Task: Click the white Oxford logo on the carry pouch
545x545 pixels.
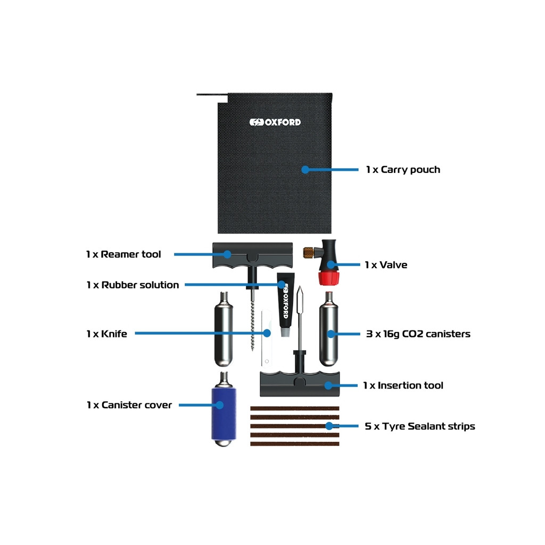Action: pyautogui.click(x=275, y=122)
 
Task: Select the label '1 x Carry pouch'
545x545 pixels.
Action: pyautogui.click(x=403, y=170)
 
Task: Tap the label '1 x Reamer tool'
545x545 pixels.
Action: pyautogui.click(x=123, y=254)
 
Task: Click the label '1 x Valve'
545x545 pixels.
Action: pyautogui.click(x=386, y=265)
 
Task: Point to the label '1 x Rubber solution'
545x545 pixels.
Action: pyautogui.click(x=133, y=285)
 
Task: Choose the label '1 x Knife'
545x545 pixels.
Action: pyautogui.click(x=106, y=334)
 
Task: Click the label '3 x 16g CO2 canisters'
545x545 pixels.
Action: pyautogui.click(x=418, y=334)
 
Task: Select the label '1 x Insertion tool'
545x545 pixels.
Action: pyautogui.click(x=403, y=385)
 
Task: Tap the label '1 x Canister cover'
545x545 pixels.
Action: pyautogui.click(x=129, y=405)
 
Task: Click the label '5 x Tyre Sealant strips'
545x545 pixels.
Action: pyautogui.click(x=420, y=426)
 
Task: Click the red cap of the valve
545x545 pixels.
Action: pyautogui.click(x=328, y=278)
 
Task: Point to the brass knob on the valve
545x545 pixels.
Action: pyautogui.click(x=308, y=253)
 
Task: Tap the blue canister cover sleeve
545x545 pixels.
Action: pyautogui.click(x=224, y=414)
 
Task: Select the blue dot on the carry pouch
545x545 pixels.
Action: pyautogui.click(x=305, y=170)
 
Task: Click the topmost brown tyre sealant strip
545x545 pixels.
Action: pyautogui.click(x=295, y=408)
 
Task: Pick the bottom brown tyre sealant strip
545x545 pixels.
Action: pyautogui.click(x=295, y=444)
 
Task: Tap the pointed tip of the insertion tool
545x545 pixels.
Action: pyautogui.click(x=300, y=287)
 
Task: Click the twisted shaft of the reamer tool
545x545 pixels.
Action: pyautogui.click(x=253, y=327)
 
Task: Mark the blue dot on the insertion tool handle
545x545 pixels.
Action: pyautogui.click(x=328, y=385)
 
